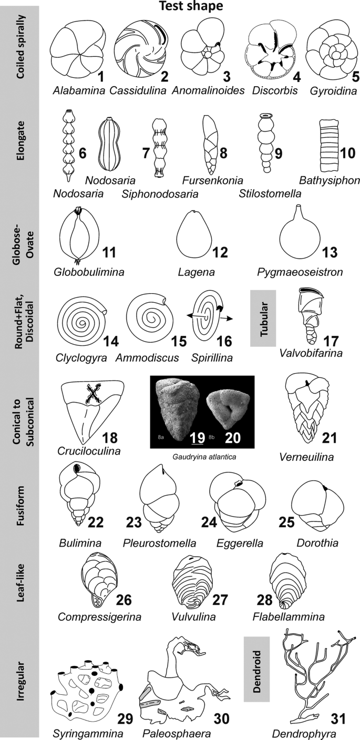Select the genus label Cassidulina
coord(138,90)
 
